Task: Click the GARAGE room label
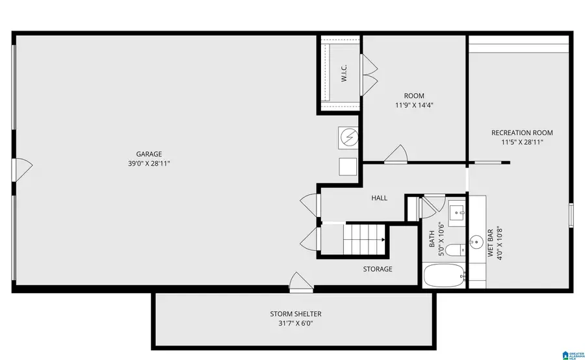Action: pyautogui.click(x=149, y=154)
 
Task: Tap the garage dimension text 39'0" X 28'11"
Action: pyautogui.click(x=149, y=164)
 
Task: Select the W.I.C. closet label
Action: pyautogui.click(x=344, y=73)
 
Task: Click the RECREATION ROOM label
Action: pyautogui.click(x=522, y=133)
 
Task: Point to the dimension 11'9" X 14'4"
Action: pyautogui.click(x=414, y=105)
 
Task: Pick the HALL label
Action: pyautogui.click(x=380, y=198)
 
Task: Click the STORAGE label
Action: pyautogui.click(x=378, y=268)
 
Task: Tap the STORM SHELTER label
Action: pyautogui.click(x=296, y=314)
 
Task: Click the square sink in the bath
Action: pyautogui.click(x=456, y=212)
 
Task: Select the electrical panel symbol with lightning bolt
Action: pyautogui.click(x=348, y=137)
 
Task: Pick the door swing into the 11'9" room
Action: pyautogui.click(x=395, y=155)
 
